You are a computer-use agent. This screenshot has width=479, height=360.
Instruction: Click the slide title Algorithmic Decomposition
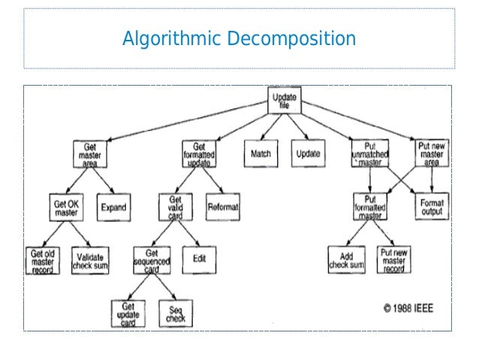point(239,38)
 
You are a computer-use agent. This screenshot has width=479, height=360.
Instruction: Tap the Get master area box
point(91,153)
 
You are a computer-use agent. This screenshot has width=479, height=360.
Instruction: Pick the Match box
point(260,153)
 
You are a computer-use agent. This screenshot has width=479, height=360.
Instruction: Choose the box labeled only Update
point(309,153)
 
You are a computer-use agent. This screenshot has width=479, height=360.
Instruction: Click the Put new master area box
point(432,153)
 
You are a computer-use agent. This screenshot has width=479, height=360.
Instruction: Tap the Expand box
point(113,207)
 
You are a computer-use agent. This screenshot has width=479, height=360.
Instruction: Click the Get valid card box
point(175,207)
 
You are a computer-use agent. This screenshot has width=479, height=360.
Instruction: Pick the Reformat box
point(222,207)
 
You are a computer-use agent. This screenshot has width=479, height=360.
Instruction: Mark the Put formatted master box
point(372,207)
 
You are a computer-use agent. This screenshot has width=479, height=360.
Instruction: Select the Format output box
point(432,207)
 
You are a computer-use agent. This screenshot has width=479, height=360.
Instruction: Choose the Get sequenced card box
point(152,260)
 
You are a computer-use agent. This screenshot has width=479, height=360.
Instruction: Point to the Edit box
point(198,259)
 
